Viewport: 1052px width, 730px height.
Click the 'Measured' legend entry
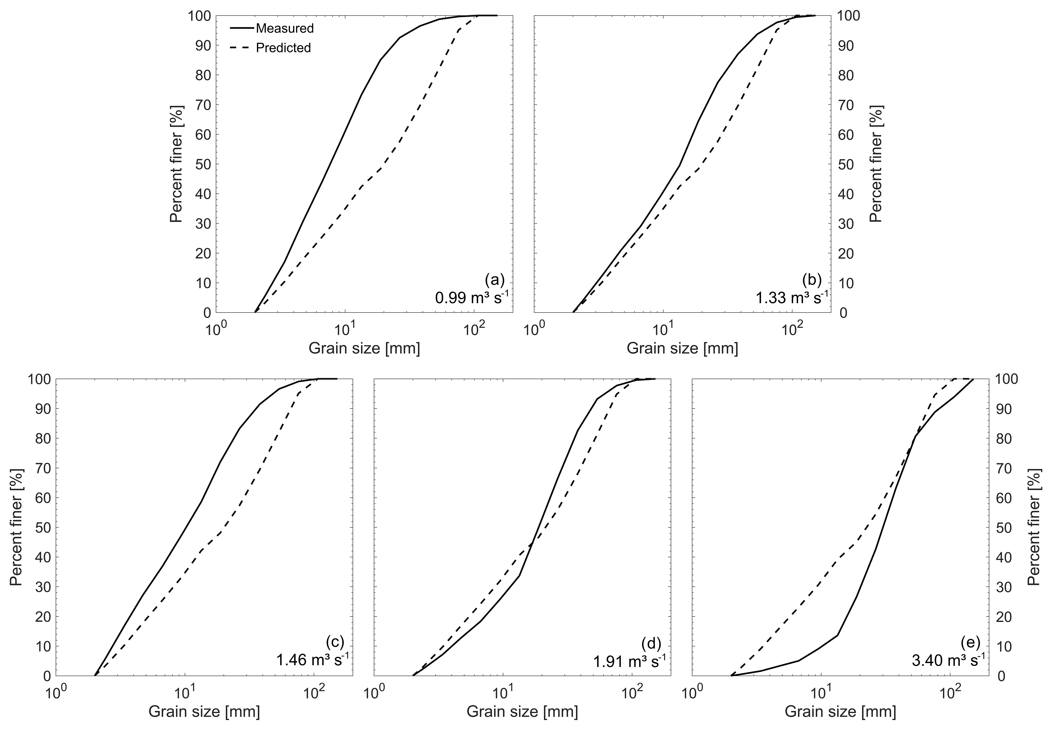[x=285, y=28]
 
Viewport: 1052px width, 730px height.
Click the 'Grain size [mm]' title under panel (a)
[x=364, y=348]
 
